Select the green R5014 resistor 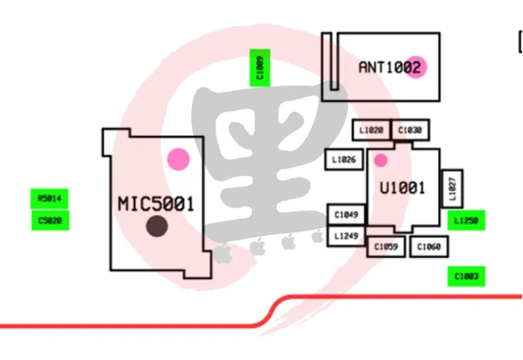click(49, 199)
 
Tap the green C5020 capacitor click(49, 220)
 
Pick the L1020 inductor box click(371, 130)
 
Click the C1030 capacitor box click(410, 130)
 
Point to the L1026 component click(343, 161)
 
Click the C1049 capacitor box click(346, 214)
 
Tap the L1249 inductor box click(346, 235)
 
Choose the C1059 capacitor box click(387, 247)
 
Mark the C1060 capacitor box click(429, 247)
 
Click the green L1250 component click(466, 221)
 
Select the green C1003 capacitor click(466, 276)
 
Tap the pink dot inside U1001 click(380, 161)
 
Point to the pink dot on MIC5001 click(178, 159)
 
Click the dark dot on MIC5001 click(156, 226)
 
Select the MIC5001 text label click(155, 204)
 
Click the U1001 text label click(402, 188)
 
